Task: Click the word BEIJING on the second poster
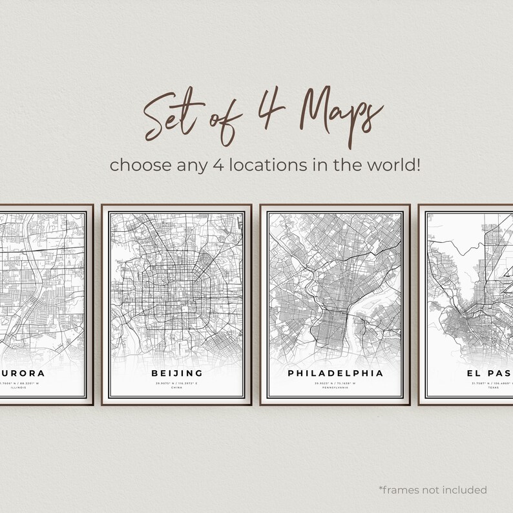coord(176,373)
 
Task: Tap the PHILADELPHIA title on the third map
coord(335,373)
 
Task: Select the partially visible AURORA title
coord(23,373)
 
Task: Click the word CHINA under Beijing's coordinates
coord(176,388)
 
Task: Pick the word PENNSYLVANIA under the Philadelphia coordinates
coord(335,388)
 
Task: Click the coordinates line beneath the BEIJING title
coord(176,383)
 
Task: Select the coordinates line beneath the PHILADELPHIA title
coord(335,383)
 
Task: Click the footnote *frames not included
coord(433,490)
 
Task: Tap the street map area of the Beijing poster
coord(176,284)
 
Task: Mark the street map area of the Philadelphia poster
coord(335,284)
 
